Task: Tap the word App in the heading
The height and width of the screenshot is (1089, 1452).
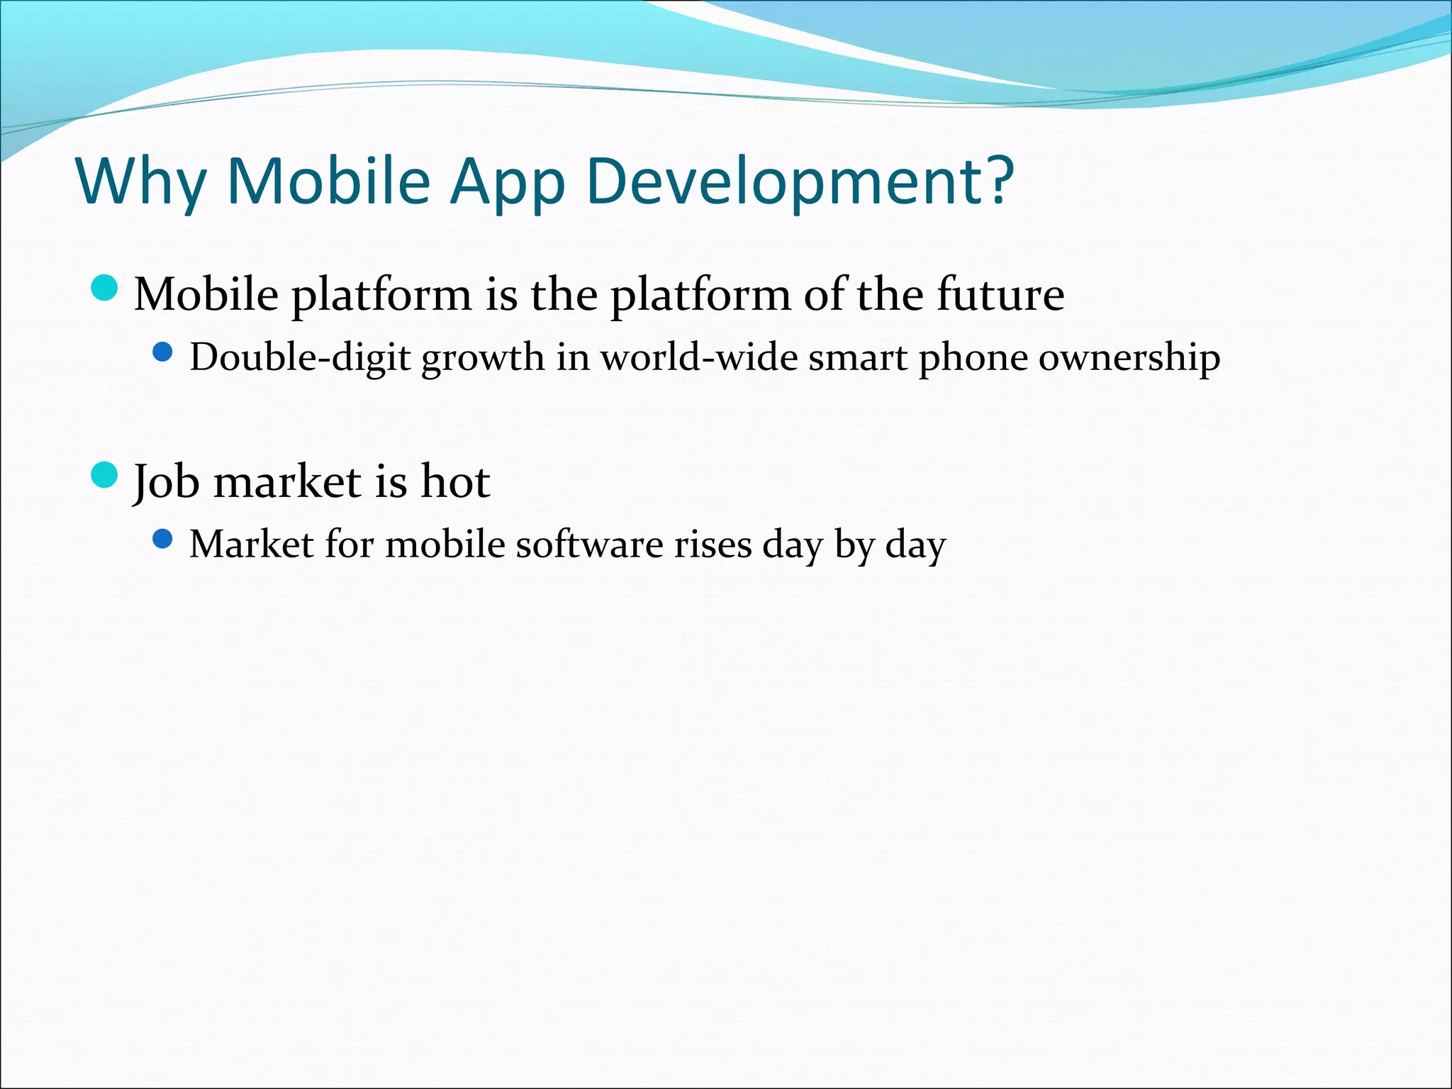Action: pos(508,183)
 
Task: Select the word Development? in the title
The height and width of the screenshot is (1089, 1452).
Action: pos(799,183)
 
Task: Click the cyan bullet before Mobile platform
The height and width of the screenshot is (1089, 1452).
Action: pos(105,288)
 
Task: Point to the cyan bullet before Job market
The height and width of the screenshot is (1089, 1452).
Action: pos(105,475)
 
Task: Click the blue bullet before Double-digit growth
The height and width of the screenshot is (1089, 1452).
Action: pos(162,352)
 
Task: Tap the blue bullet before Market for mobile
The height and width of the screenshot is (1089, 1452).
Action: pos(162,540)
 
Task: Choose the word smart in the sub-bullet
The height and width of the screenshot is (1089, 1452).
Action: pos(857,357)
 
